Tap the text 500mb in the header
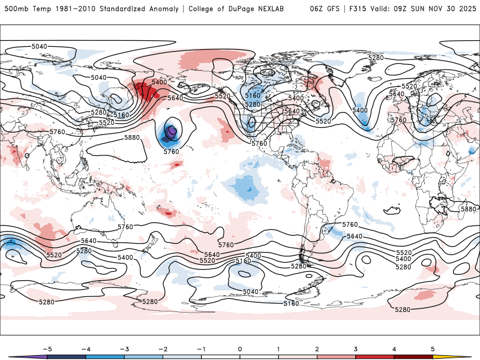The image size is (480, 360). [x=16, y=8]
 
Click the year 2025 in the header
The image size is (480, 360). [x=466, y=8]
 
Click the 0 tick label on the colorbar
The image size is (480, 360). [x=240, y=349]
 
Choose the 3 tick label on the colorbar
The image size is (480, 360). [x=356, y=349]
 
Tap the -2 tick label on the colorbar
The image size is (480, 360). [x=163, y=349]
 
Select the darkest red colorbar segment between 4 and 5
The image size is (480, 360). [x=413, y=356]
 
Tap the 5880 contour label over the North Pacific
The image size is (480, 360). [x=132, y=137]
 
